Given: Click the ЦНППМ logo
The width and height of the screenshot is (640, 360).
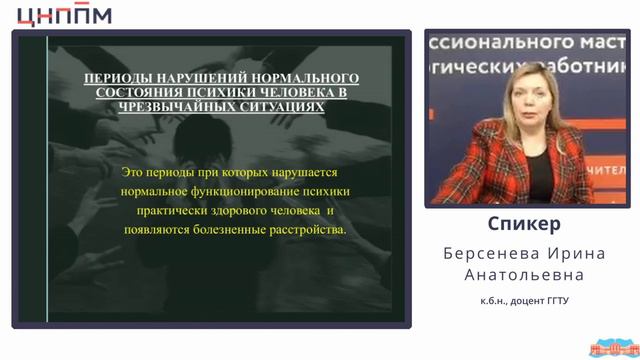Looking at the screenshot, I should (64, 14).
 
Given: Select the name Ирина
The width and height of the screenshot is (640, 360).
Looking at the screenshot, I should (573, 251).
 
